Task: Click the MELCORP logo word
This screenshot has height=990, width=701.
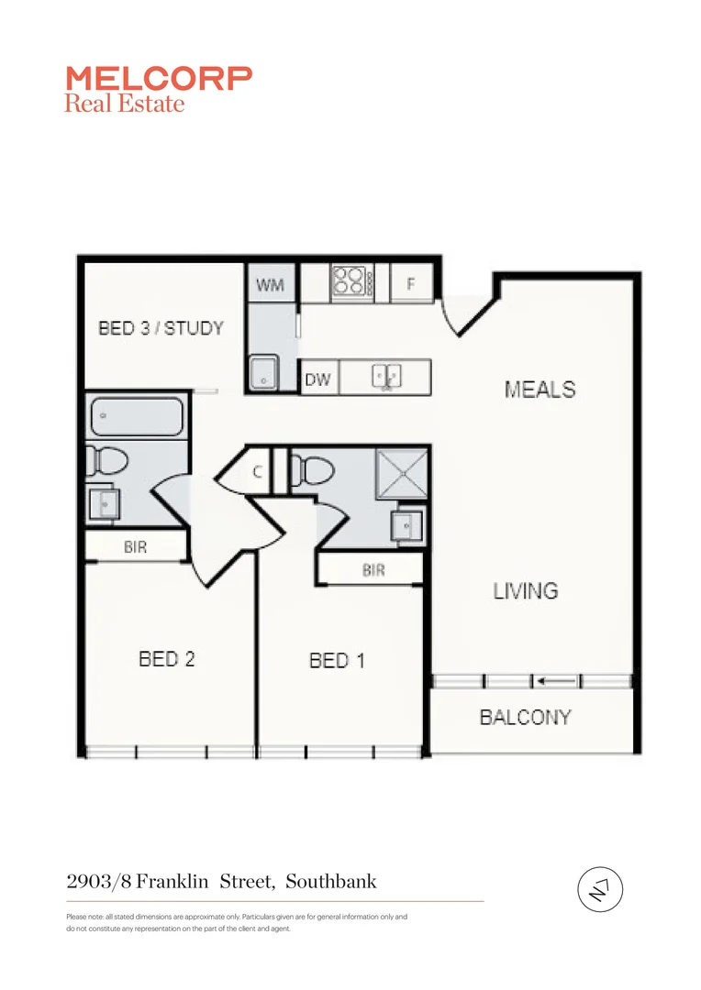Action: click(x=158, y=78)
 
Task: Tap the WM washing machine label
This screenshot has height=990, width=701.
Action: click(x=270, y=285)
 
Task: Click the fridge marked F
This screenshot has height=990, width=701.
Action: click(x=411, y=284)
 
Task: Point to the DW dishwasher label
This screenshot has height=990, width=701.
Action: click(x=317, y=379)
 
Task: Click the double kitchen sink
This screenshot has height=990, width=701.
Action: click(x=385, y=376)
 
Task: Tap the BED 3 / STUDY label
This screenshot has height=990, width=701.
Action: click(x=161, y=327)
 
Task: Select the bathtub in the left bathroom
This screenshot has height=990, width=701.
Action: click(x=136, y=417)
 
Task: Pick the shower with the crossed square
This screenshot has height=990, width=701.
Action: click(x=401, y=475)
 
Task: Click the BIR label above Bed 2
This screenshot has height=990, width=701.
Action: click(x=135, y=547)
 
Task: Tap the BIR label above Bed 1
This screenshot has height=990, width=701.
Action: click(x=373, y=570)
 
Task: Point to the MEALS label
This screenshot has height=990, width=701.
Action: click(x=540, y=389)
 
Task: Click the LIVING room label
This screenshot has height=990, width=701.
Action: click(x=526, y=590)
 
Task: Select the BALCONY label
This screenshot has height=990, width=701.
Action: click(x=526, y=717)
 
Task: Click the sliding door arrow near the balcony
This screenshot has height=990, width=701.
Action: click(x=558, y=681)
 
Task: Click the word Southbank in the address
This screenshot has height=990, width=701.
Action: click(x=330, y=882)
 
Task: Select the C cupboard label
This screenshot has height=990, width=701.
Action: click(x=259, y=472)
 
